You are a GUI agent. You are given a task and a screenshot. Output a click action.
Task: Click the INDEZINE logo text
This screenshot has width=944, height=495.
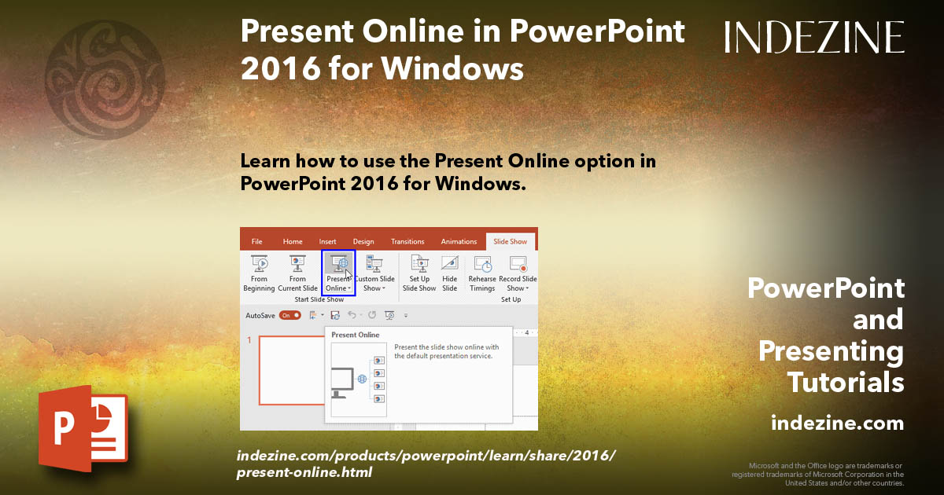point(814,37)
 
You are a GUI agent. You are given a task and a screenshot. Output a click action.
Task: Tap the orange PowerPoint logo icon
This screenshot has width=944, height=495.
point(83,429)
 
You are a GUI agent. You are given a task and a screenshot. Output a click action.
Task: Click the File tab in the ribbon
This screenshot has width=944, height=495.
point(256,242)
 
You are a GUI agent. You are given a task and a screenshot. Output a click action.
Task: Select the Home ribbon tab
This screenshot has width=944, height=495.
point(293,242)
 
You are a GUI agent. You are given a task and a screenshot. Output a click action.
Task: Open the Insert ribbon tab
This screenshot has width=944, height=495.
point(328,242)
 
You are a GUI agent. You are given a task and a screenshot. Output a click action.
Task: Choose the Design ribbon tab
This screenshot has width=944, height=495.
point(363,242)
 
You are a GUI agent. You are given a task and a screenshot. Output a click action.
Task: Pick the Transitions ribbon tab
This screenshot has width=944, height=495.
point(407,242)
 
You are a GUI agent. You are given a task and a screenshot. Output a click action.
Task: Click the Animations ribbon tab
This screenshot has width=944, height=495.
point(459,242)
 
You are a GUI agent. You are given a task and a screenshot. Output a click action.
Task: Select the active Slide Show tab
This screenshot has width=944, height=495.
point(510,242)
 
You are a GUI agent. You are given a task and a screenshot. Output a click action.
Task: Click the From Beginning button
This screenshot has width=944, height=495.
point(259,273)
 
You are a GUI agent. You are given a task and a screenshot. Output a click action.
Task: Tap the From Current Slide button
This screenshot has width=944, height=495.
point(297,273)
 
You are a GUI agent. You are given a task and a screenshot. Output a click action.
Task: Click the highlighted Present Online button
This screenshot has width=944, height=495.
point(339,273)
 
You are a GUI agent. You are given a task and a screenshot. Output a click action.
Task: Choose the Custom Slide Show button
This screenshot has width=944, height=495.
point(374,273)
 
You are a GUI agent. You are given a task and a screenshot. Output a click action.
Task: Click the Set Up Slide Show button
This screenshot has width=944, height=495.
point(419,273)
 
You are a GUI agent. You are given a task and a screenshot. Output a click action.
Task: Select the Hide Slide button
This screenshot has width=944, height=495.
point(450,273)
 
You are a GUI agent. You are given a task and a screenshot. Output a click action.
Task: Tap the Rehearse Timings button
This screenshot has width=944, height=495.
point(482,273)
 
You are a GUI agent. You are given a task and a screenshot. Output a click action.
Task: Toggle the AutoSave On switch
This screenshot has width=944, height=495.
point(290,315)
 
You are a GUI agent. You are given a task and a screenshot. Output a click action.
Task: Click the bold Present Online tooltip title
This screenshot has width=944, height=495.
point(355,335)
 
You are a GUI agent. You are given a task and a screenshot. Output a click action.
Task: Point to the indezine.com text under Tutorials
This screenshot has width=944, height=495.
point(837,423)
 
